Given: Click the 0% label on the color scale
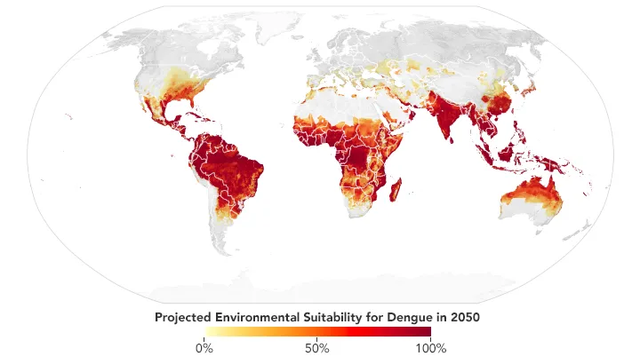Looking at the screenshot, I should pos(204,348).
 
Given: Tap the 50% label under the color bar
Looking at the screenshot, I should pos(317,348).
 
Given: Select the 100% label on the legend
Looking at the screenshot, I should pos(430,348).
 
